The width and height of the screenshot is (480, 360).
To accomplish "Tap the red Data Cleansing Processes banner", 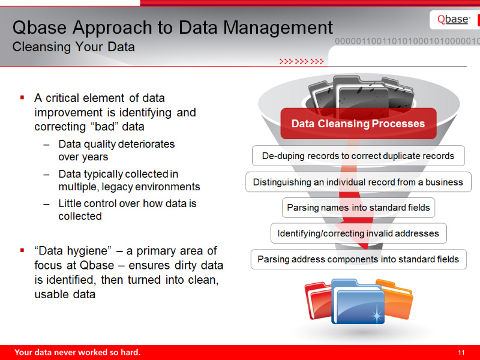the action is [358, 124].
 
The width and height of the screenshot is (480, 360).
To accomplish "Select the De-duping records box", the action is [358, 156].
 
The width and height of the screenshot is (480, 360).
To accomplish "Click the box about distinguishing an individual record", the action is [358, 182].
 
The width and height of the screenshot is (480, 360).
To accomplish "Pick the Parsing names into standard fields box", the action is [358, 208].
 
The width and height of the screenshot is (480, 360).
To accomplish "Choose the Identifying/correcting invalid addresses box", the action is [358, 233].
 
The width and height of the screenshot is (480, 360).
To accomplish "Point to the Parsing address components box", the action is [358, 259].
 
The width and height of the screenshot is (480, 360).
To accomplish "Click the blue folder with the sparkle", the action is [358, 302].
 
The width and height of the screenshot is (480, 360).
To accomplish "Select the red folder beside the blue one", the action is [319, 301].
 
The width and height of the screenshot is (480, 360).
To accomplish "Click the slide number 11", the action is [461, 353].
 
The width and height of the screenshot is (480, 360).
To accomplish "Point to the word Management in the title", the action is [278, 28].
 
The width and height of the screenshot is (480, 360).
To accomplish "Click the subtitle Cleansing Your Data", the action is [73, 47].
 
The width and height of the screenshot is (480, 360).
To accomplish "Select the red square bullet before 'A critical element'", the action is [22, 98].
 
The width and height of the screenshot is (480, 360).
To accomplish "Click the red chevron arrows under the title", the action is [302, 62].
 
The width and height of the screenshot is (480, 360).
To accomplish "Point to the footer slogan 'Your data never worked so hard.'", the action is [77, 352].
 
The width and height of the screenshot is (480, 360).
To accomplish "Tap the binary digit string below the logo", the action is [407, 41].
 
